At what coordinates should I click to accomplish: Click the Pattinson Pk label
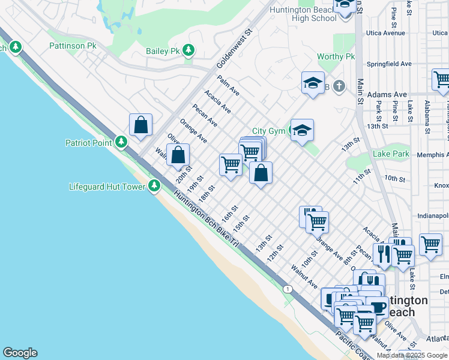73,45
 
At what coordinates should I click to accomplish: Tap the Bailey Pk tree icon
190,50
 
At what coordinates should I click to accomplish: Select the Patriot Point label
89,142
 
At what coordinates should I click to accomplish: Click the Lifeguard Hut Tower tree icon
154,186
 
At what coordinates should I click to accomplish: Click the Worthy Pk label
336,57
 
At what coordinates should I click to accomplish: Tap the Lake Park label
391,154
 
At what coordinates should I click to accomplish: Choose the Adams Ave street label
387,95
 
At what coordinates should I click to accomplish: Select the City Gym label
267,131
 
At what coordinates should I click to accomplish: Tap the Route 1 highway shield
289,289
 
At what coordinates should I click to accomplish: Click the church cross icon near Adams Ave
339,86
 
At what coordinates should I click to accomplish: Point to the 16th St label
230,212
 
